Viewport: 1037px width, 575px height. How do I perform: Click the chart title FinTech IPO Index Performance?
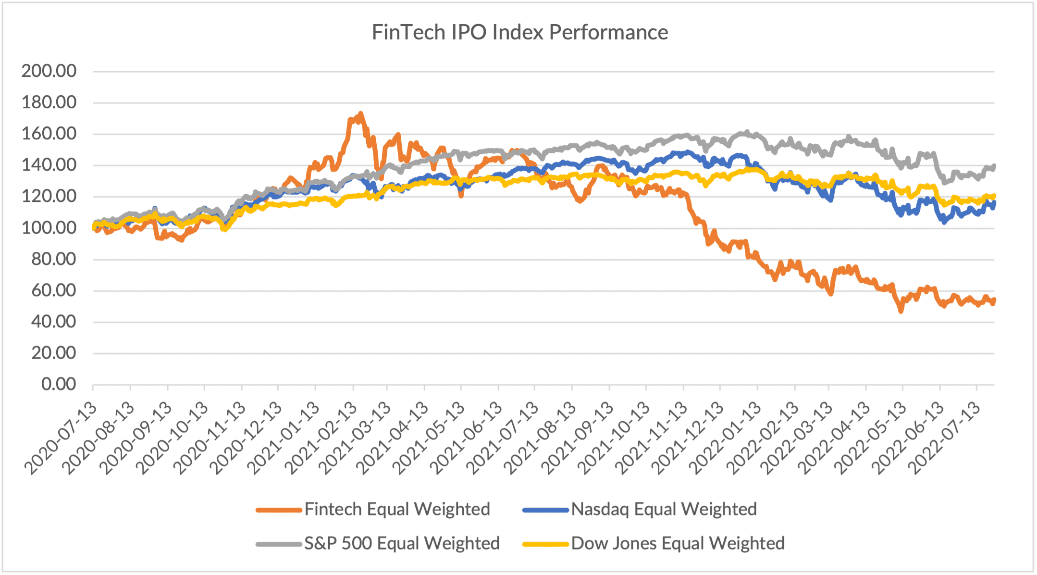point(519,33)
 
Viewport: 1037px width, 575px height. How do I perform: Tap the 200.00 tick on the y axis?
point(49,71)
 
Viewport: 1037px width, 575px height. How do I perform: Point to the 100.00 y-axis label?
point(49,228)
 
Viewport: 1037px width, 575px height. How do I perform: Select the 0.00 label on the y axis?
point(58,385)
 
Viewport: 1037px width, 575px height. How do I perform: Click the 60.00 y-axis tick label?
point(53,290)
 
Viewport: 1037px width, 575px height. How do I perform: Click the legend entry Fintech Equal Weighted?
point(397,509)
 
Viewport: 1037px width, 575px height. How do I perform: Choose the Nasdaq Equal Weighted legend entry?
point(664,509)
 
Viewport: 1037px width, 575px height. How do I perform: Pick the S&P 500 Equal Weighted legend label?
point(402,543)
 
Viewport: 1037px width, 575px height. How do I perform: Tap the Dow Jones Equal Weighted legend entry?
point(678,543)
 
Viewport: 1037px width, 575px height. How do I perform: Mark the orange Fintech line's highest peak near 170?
point(360,114)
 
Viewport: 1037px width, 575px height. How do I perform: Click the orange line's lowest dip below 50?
point(901,312)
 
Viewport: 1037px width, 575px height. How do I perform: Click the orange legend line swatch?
point(279,510)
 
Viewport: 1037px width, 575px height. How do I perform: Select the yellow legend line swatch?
point(545,544)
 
